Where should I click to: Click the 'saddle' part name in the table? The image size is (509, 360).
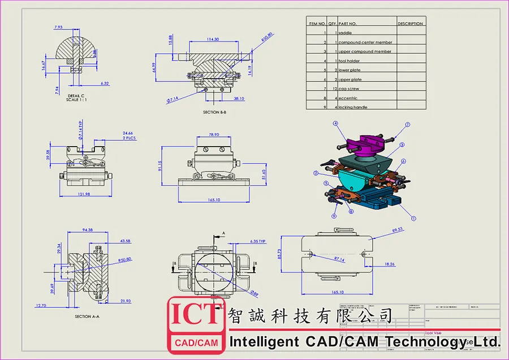[x=345, y=33]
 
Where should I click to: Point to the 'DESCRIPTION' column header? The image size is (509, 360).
[x=410, y=24]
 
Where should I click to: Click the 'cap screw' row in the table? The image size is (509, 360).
[x=348, y=89]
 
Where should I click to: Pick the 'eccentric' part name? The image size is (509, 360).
[x=348, y=98]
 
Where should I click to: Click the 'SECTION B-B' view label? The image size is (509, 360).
[x=214, y=112]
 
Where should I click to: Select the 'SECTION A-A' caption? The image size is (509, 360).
[x=87, y=316]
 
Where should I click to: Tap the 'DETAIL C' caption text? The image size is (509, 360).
[x=76, y=96]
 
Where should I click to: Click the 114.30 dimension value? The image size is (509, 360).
[x=213, y=39]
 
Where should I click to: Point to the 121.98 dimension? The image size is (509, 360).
[x=83, y=194]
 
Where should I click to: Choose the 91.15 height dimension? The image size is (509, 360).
[x=160, y=165]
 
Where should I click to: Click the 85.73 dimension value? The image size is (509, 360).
[x=295, y=255]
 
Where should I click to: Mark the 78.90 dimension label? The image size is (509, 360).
[x=214, y=135]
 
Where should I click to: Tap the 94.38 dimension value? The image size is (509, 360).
[x=88, y=230]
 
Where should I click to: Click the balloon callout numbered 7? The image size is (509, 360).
[x=407, y=124]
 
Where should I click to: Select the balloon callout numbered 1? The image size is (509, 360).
[x=413, y=218]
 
